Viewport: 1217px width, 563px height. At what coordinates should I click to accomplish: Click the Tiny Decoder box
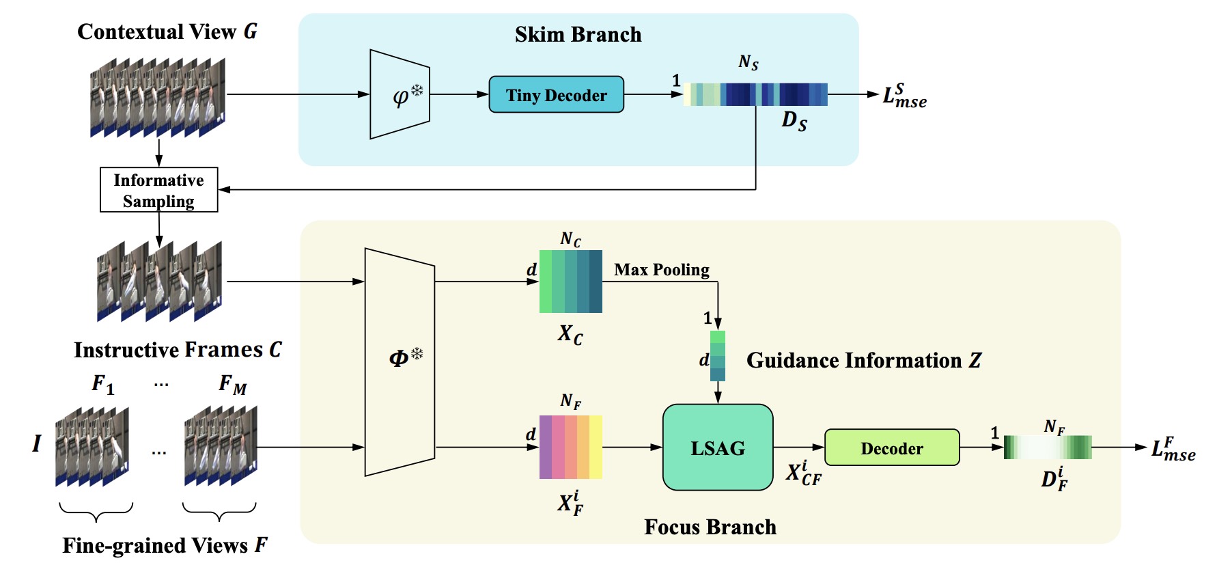[556, 95]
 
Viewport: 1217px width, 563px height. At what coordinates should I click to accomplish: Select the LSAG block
[718, 448]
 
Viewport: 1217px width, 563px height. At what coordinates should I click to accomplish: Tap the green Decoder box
[891, 448]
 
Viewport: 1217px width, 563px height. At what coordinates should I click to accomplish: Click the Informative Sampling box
[158, 190]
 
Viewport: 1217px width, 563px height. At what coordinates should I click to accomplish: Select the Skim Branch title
[578, 34]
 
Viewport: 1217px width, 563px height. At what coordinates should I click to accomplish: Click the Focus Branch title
[710, 527]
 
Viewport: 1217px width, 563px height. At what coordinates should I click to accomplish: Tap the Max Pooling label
[661, 270]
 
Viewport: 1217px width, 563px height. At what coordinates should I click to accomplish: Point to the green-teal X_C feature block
[571, 281]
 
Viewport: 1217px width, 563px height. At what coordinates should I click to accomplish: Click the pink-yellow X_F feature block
[571, 447]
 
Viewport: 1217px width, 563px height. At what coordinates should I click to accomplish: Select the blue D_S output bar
[755, 94]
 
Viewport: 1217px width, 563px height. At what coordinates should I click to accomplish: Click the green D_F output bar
[1048, 448]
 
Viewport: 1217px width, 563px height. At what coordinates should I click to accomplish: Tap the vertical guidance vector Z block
[718, 356]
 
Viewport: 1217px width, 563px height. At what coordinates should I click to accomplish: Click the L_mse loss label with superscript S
[904, 96]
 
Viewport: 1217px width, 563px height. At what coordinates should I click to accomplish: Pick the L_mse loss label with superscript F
[1173, 449]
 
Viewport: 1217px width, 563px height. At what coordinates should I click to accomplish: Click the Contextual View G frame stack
[158, 98]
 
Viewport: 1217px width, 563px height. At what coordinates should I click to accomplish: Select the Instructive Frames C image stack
[160, 281]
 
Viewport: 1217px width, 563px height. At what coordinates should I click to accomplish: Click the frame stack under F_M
[221, 446]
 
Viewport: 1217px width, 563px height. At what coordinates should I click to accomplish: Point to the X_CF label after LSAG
[803, 473]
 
